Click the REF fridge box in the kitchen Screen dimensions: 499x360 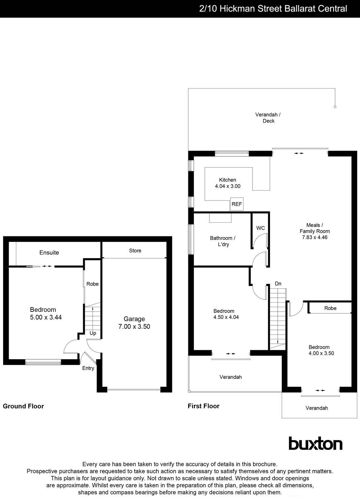(x=237, y=204)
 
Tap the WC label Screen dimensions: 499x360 (x=261, y=228)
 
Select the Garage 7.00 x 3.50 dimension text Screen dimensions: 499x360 (x=134, y=327)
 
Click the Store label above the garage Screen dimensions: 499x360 (x=135, y=250)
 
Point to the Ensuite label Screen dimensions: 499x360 (x=49, y=253)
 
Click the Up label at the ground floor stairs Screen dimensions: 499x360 (x=93, y=333)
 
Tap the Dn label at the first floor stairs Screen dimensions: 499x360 (x=278, y=283)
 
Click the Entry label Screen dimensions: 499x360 (x=88, y=368)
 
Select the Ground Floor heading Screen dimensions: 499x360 (x=23, y=406)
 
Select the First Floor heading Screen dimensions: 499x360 (x=204, y=406)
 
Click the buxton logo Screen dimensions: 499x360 (x=315, y=443)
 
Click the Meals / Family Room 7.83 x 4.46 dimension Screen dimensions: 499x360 (x=314, y=237)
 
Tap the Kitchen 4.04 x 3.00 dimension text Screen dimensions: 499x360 (x=228, y=186)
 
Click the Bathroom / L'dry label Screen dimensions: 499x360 (x=223, y=241)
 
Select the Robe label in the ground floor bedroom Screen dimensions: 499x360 (x=93, y=284)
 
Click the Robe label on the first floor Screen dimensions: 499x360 (x=330, y=308)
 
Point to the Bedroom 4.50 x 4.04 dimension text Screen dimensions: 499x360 (x=226, y=317)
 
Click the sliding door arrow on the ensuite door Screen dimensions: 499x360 (x=47, y=266)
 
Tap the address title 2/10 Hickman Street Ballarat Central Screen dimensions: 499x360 (x=273, y=8)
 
